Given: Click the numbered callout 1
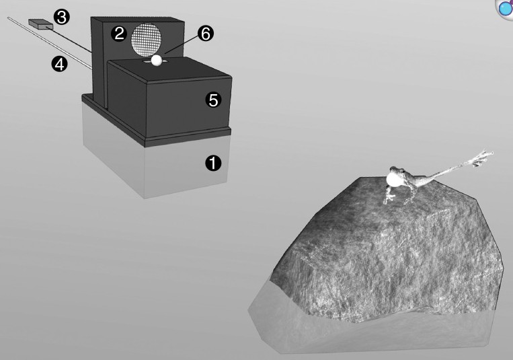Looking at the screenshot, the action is (x=213, y=163).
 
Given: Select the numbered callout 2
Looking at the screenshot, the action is (x=119, y=34).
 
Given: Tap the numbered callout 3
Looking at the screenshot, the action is (x=61, y=17).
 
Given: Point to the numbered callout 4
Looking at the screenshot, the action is (x=59, y=64).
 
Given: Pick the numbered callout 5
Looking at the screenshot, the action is (x=213, y=100).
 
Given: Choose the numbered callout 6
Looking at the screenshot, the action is (x=206, y=34).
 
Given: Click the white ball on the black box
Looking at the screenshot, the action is (x=157, y=61).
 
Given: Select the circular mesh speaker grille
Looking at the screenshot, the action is (x=147, y=39).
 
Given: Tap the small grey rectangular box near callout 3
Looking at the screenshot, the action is (x=40, y=24).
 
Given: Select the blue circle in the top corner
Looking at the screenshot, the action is (x=506, y=8).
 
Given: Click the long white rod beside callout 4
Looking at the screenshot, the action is (x=50, y=43).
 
